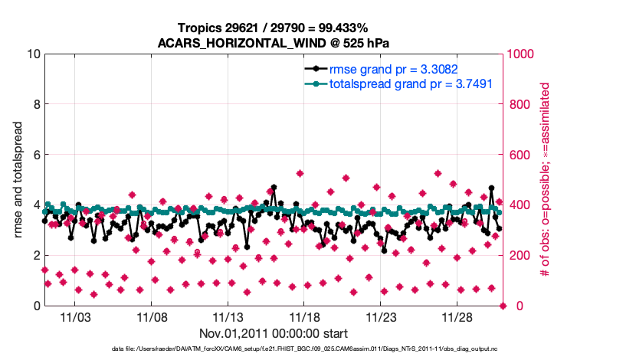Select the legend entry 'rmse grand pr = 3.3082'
(397, 68)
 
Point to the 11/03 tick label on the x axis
(75, 316)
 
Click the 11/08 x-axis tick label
(152, 316)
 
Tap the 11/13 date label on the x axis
(228, 316)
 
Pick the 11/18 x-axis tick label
(304, 316)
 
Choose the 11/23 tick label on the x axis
(381, 316)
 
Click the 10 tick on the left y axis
(32, 54)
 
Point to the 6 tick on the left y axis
(36, 155)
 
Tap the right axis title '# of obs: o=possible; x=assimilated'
(546, 180)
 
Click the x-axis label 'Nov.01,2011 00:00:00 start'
(274, 333)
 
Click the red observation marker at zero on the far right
(503, 306)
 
